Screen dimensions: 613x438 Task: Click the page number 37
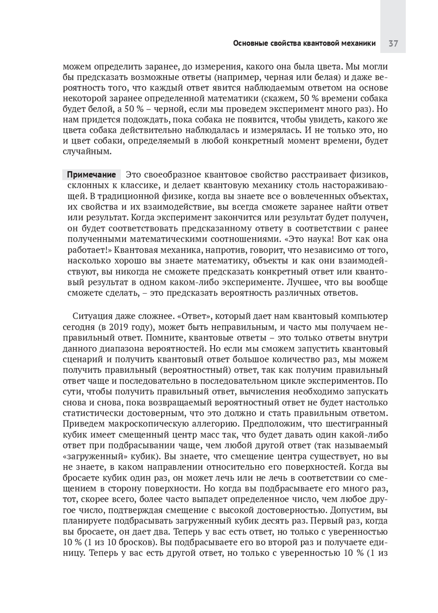tap(393, 43)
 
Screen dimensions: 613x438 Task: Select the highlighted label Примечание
tap(92, 175)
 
